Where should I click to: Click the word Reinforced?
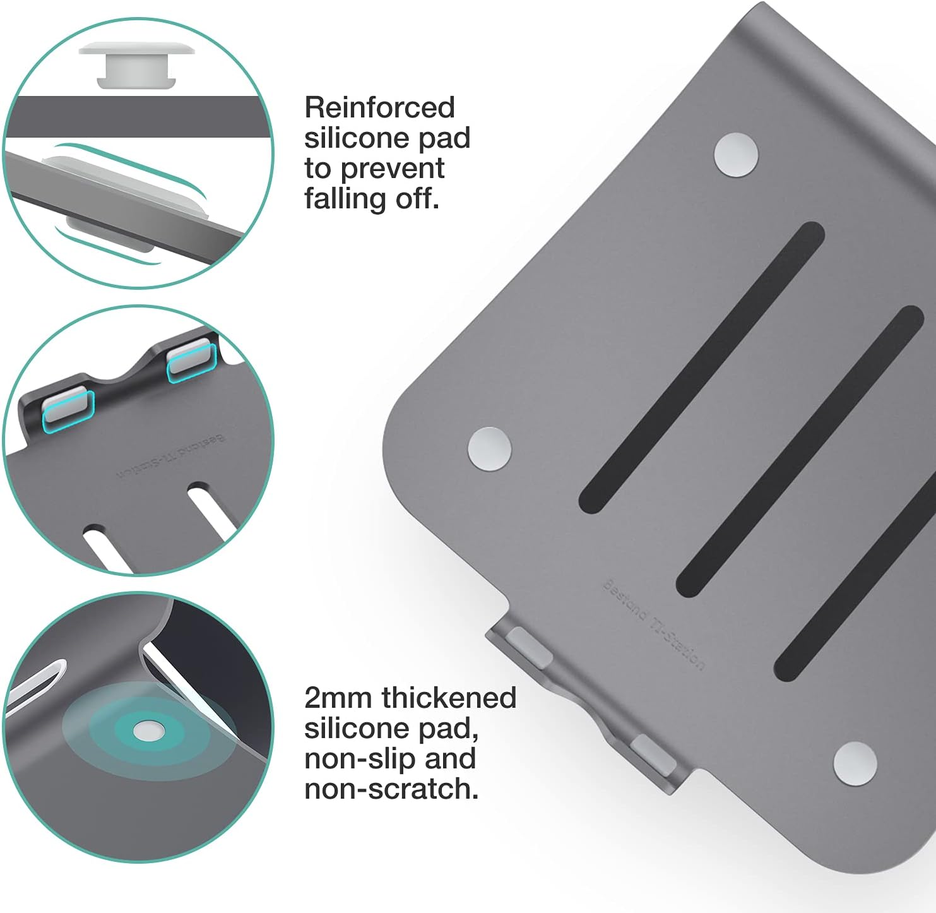coord(379,107)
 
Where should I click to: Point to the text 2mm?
coord(339,698)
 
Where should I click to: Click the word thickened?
coord(449,698)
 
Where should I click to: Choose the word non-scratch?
coord(391,789)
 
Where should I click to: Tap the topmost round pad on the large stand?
coord(736,155)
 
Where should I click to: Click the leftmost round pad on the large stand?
coord(489,449)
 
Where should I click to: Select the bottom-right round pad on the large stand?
coord(855,764)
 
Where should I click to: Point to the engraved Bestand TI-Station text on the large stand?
coord(653,624)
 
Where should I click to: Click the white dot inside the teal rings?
coord(149,732)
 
